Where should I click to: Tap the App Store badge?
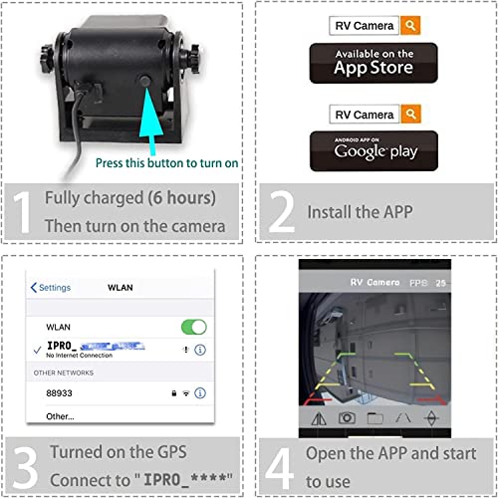click(373, 64)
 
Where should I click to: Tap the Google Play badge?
click(373, 150)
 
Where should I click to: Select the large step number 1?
click(22, 210)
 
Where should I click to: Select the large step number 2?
click(282, 210)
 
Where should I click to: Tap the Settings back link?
click(51, 287)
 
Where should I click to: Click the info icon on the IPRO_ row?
click(200, 350)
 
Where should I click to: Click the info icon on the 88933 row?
click(200, 394)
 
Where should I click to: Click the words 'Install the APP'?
click(357, 211)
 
